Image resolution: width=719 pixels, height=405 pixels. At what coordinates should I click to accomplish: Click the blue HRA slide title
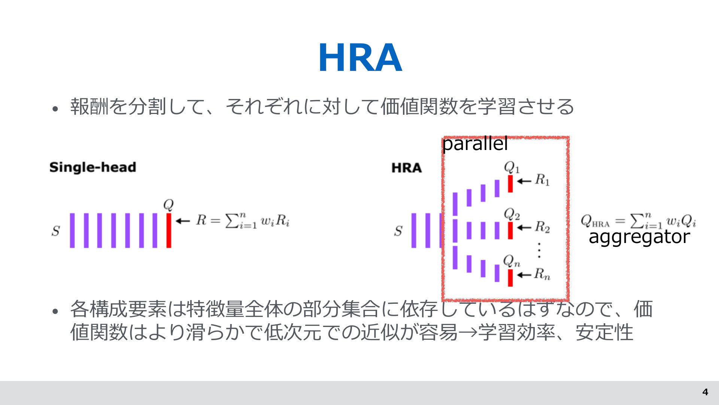point(360,58)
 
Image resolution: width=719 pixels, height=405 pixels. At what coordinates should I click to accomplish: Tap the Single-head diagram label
point(92,167)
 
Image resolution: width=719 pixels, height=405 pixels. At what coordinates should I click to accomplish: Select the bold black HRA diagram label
point(407,168)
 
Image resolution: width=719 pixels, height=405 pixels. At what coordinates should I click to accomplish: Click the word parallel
point(475,144)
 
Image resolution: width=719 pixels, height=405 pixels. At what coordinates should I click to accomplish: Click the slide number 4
point(705,392)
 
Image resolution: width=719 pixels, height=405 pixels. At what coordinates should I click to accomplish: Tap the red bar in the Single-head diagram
point(169,230)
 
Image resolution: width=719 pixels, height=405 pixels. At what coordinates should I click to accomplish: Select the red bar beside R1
point(510,184)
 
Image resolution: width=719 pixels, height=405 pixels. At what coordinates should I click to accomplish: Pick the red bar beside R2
point(510,230)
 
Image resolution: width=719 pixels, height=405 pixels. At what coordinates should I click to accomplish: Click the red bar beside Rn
point(510,278)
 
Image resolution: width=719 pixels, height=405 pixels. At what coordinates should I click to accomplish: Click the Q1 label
point(512,167)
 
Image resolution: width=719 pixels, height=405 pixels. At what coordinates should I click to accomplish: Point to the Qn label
point(512,261)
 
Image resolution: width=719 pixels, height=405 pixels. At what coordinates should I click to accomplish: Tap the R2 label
point(542,227)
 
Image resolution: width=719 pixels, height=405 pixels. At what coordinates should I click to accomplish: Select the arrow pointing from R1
point(524,181)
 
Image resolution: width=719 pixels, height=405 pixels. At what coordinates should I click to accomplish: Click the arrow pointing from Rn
point(524,275)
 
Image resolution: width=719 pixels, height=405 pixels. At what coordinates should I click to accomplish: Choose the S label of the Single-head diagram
point(56,231)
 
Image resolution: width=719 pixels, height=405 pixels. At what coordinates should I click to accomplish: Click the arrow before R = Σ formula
point(183,221)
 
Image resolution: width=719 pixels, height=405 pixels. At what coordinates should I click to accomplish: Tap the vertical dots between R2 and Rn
point(539,250)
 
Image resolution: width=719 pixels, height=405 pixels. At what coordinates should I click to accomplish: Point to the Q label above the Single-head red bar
point(169,205)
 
